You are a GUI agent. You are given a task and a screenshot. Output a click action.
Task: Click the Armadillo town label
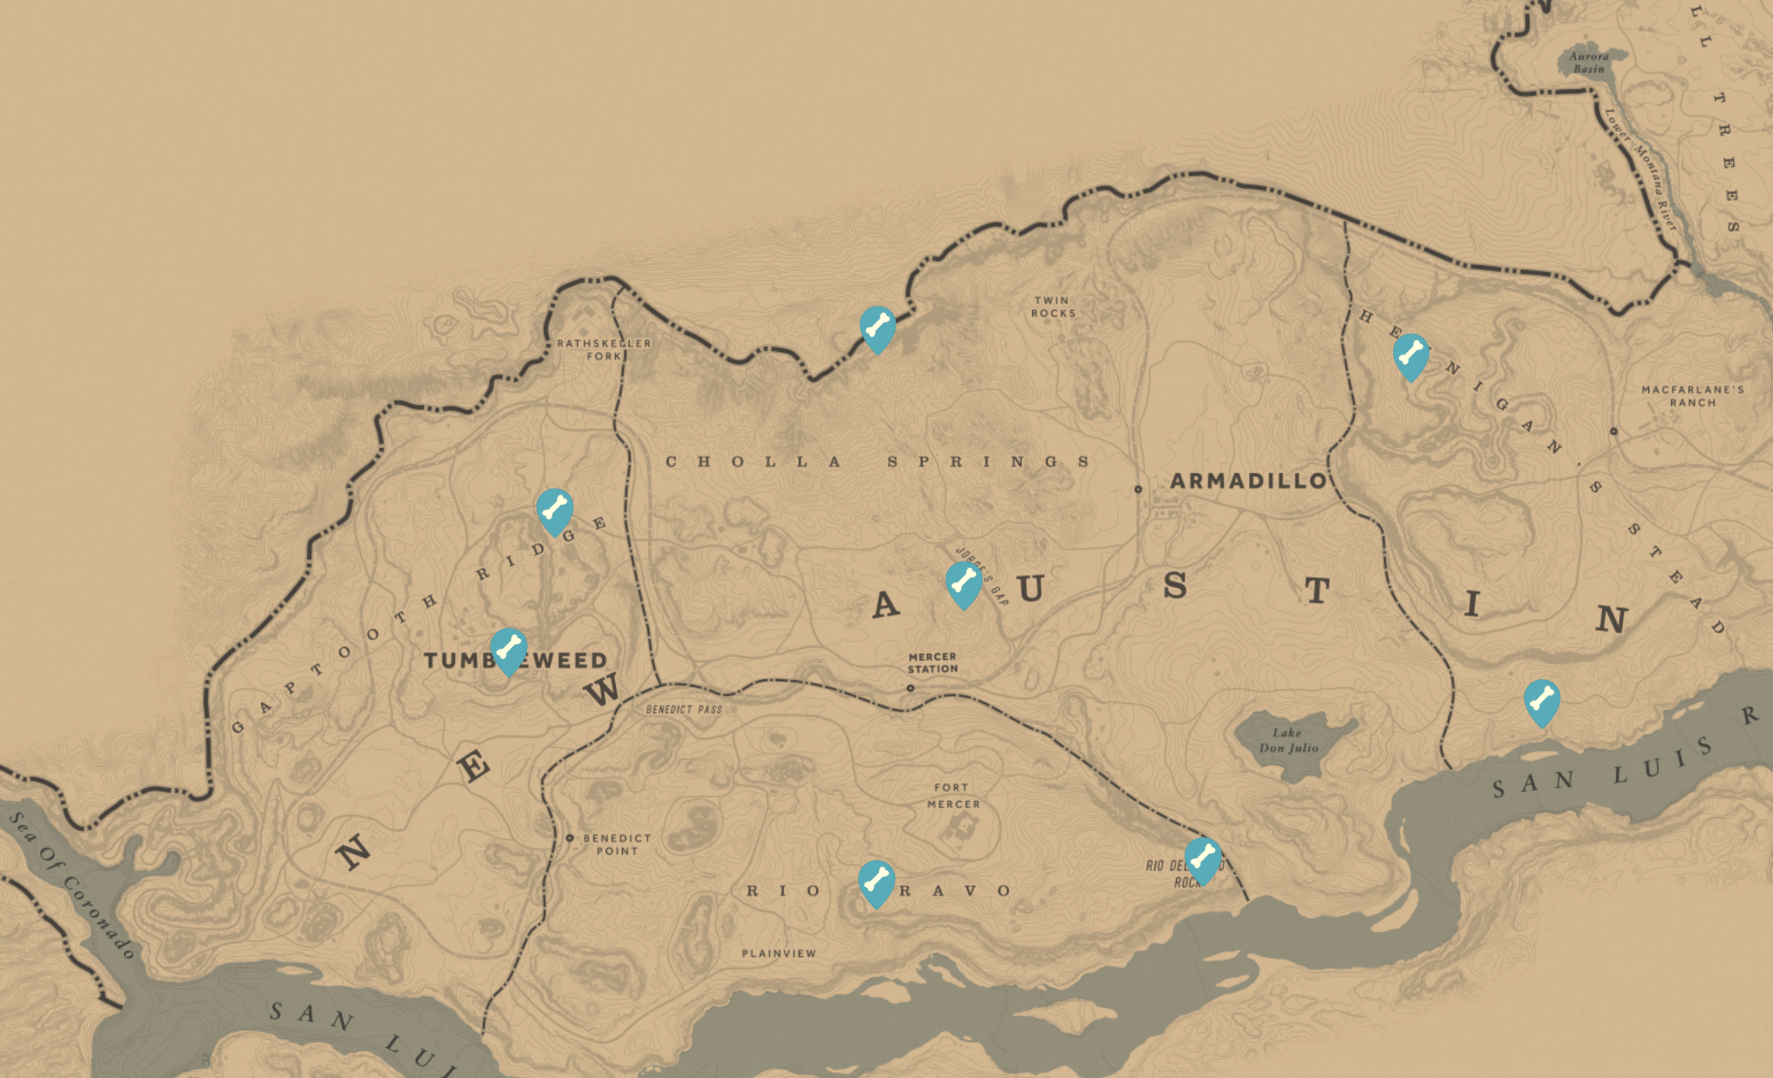1248,481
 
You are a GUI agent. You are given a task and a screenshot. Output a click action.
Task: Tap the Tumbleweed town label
515,660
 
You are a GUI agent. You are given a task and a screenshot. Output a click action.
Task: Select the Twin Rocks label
1053,307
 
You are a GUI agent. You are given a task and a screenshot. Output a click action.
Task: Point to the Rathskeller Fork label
604,349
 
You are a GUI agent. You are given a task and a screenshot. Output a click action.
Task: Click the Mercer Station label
932,662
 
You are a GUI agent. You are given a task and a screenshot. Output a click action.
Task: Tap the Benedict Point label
617,844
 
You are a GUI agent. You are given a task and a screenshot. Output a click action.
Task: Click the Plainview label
778,953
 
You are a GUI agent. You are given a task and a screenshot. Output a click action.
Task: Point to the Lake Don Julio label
1289,740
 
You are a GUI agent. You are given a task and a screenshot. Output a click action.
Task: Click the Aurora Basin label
1588,62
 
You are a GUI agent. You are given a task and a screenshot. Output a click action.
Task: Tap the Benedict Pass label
683,709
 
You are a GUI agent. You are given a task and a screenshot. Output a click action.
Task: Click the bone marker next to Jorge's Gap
964,583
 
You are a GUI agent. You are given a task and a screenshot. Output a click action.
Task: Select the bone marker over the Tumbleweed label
509,649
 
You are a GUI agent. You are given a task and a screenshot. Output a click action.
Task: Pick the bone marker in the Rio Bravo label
877,882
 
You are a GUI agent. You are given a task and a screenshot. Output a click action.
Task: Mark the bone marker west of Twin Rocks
878,327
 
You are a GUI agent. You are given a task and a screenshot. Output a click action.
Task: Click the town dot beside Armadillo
1138,489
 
